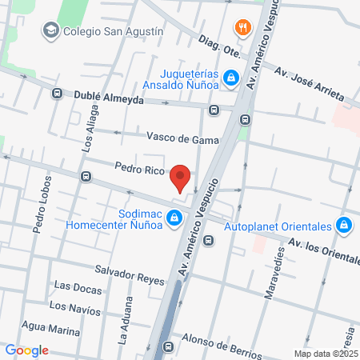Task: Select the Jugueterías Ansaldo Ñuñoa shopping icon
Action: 230,78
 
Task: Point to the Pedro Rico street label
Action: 139,170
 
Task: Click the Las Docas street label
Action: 77,286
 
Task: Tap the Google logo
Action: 26,350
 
